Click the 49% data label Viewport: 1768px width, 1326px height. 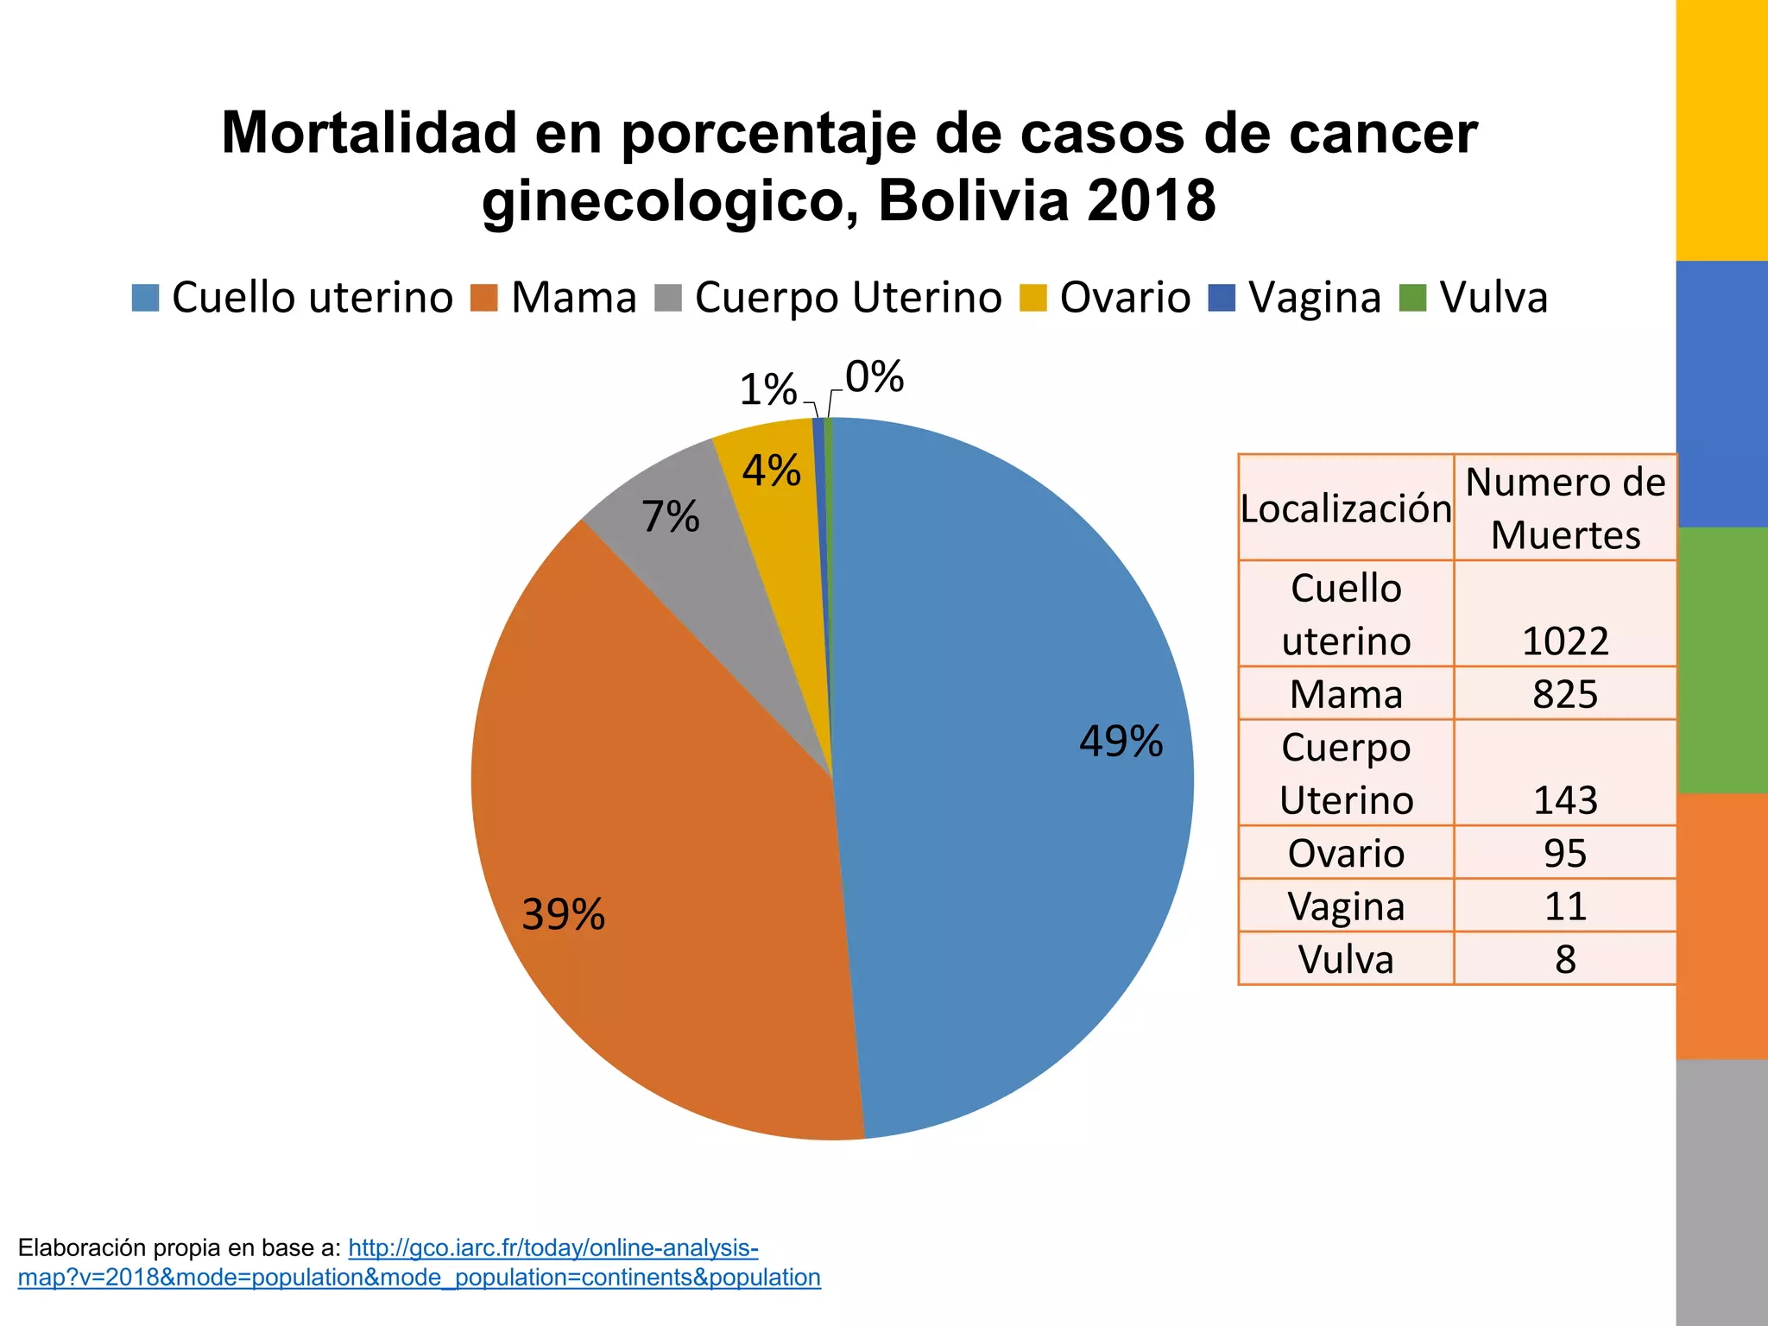pyautogui.click(x=1121, y=742)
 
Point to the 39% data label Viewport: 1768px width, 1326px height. pyautogui.click(x=563, y=914)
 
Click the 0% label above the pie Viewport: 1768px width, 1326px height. pyautogui.click(x=874, y=377)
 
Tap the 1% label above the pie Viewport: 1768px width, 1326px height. pyautogui.click(x=767, y=390)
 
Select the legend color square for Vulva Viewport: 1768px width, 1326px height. pyautogui.click(x=1413, y=298)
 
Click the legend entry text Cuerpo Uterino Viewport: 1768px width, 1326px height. pyautogui.click(x=848, y=298)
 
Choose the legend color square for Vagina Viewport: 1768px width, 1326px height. pyautogui.click(x=1222, y=298)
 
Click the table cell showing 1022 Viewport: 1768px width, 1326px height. pyautogui.click(x=1564, y=641)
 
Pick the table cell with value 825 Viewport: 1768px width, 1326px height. pyautogui.click(x=1564, y=694)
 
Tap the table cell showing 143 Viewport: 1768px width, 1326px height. pyautogui.click(x=1564, y=800)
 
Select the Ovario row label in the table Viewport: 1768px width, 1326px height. pyautogui.click(x=1346, y=854)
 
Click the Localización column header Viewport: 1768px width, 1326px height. pyautogui.click(x=1346, y=508)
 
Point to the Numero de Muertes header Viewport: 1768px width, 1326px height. pyautogui.click(x=1564, y=508)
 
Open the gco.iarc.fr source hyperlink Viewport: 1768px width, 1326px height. pyautogui.click(x=552, y=1248)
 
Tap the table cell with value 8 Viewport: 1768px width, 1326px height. pyautogui.click(x=1564, y=959)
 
